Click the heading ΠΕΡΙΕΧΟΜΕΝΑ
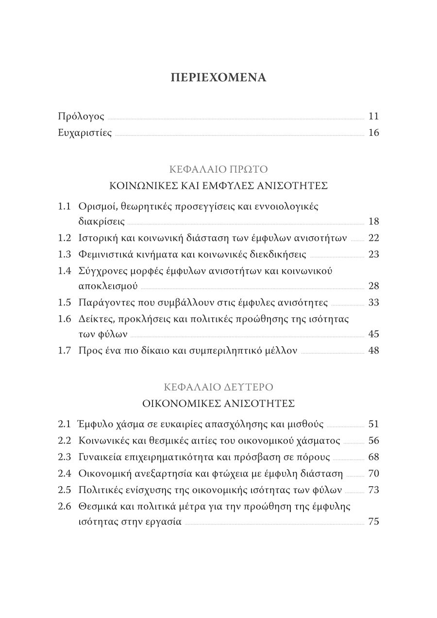(218, 78)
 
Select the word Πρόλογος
(81, 117)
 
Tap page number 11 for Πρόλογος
(373, 116)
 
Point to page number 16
(373, 133)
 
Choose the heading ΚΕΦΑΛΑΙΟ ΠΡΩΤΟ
(218, 170)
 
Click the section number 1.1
(64, 206)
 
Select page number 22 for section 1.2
(373, 238)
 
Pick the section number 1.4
(64, 271)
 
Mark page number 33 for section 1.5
(373, 302)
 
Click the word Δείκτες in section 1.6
(94, 319)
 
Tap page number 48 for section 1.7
(373, 350)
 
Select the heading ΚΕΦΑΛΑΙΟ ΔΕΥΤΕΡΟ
(218, 388)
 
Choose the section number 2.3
(64, 457)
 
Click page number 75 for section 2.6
(373, 522)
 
